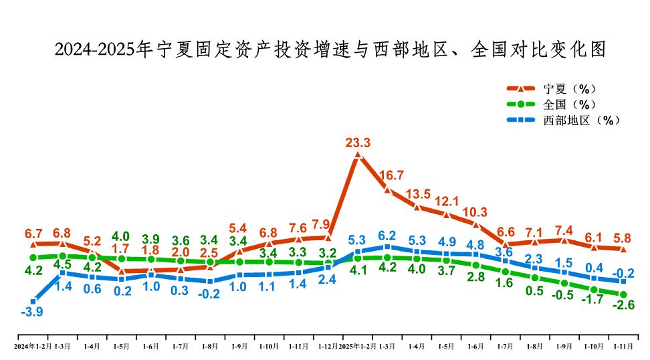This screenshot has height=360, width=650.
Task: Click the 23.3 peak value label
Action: pos(358,143)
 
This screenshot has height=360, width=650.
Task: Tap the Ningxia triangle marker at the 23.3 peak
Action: pos(358,155)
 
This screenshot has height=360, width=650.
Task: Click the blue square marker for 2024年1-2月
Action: pos(33,302)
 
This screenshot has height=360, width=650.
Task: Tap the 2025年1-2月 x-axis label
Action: pos(358,347)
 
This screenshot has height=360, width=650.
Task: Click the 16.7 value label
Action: pos(391,175)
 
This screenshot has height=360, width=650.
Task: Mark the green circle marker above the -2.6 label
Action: pos(623,294)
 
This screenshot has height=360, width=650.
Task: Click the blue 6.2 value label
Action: pos(387,236)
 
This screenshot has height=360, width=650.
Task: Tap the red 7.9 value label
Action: pos(321,224)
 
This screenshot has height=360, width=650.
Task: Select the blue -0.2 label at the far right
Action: pos(625,272)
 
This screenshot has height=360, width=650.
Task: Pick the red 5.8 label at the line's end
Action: pos(623,237)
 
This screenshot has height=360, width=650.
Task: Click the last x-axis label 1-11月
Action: pos(623,347)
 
